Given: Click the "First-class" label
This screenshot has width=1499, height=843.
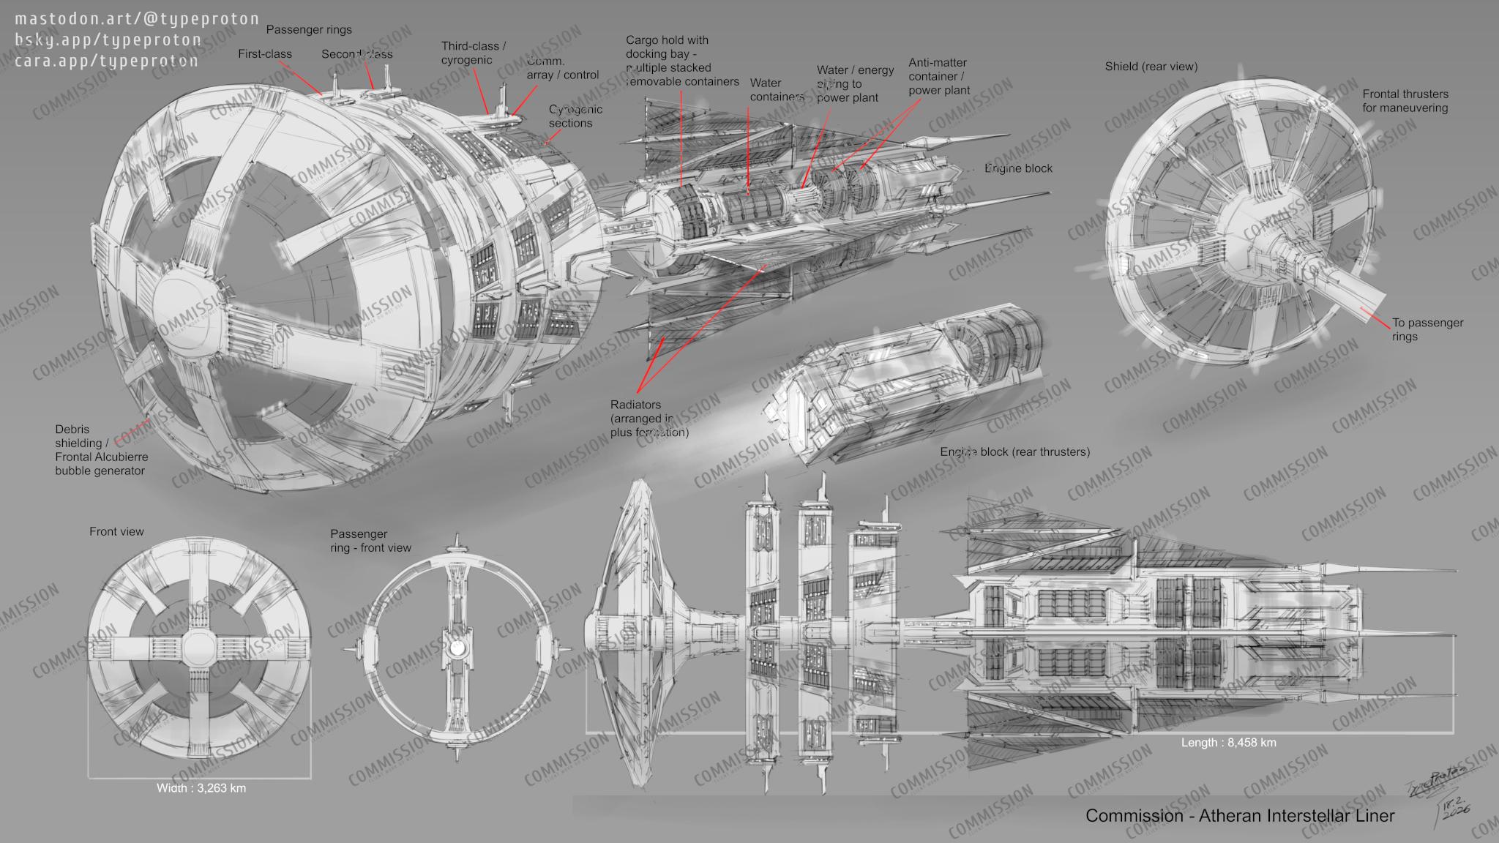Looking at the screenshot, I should pos(265,54).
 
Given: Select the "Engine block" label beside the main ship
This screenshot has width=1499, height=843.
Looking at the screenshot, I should pos(1018,168).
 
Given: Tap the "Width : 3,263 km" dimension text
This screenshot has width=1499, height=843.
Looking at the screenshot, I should pos(201,788).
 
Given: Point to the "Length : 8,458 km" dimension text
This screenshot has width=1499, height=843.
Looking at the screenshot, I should pos(1228,742).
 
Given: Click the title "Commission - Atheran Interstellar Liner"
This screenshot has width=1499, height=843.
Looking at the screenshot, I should pos(1240,815).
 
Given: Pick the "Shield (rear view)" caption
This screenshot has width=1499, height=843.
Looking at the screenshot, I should pos(1151,67).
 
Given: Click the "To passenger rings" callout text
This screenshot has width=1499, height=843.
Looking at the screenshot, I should pos(1427,329).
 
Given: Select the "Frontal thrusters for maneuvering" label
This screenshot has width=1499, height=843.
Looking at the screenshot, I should pos(1405,101).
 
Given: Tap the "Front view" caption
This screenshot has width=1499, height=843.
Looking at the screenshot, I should pos(116,531).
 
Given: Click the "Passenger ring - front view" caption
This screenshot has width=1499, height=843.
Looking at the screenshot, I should pos(370,541).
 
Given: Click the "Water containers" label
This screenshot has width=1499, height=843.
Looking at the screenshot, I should pos(776,89).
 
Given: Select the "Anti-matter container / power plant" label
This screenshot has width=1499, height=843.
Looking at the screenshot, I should pos(938,77).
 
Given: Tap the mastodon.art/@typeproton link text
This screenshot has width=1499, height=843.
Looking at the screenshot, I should pos(137,19).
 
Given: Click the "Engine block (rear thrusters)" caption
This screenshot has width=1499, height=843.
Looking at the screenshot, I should pos(1014,452).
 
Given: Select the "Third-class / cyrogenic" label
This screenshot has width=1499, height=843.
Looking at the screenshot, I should pos(474,53).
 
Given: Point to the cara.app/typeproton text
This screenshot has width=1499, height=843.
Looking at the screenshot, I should pos(106,60).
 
